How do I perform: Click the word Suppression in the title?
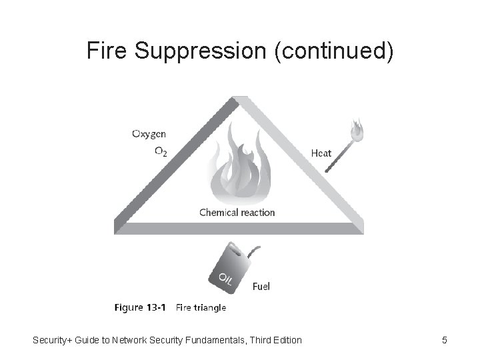197,51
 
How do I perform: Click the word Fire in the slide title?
105,51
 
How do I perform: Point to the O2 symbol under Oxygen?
161,152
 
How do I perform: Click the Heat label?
321,153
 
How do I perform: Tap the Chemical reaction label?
237,213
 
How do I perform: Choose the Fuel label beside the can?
261,287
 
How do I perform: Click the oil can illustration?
227,267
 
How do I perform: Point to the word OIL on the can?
223,281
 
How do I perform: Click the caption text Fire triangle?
201,308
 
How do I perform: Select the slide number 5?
444,341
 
